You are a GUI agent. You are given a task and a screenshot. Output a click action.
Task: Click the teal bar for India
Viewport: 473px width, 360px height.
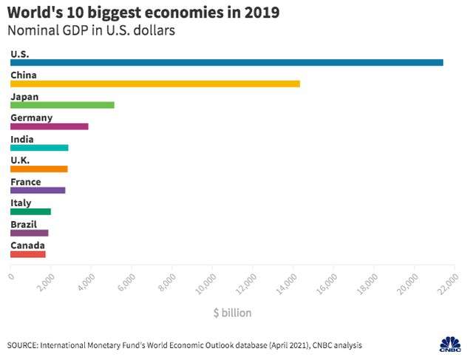click(x=39, y=148)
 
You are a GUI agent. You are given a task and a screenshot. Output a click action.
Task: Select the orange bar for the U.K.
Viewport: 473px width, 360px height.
click(x=39, y=169)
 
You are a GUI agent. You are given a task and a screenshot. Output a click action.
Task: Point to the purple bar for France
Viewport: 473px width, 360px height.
click(x=38, y=190)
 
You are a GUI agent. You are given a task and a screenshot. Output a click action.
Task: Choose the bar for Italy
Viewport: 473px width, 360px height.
click(x=30, y=211)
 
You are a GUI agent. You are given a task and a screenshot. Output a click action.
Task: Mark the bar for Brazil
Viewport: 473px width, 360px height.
click(x=29, y=233)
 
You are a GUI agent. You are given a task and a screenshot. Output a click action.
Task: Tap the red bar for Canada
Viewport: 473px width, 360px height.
click(x=28, y=254)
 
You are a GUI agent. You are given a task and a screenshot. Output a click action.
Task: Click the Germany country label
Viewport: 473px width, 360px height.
click(x=31, y=118)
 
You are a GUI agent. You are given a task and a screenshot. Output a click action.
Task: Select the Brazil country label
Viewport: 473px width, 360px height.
click(x=25, y=224)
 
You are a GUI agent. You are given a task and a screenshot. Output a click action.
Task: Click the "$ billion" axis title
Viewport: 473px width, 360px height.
click(x=232, y=313)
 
